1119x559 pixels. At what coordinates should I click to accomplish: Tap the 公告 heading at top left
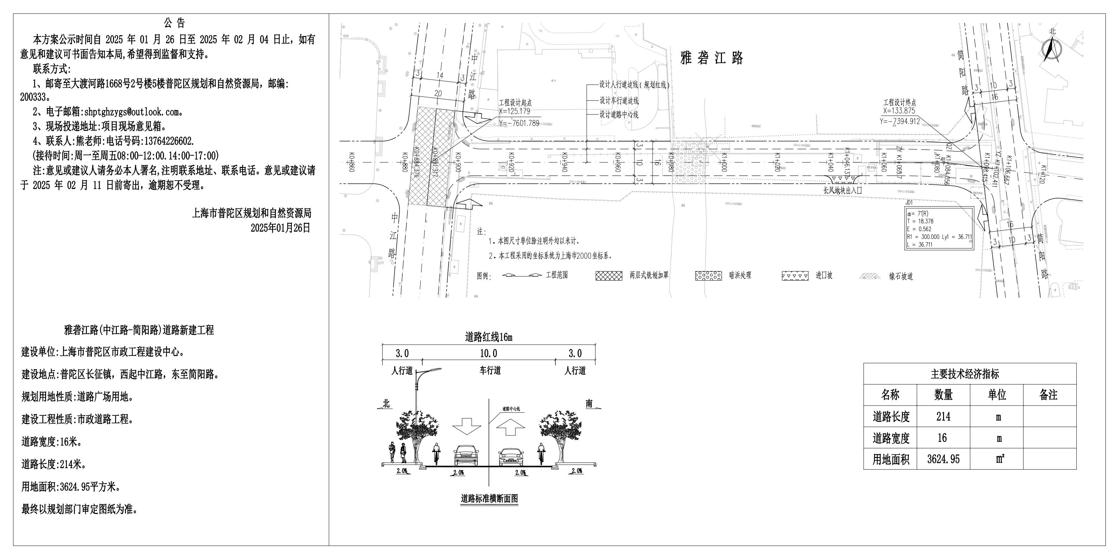pos(175,23)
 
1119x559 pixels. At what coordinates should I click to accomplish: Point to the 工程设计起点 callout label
pos(515,103)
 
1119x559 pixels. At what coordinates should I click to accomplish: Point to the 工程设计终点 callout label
pos(900,103)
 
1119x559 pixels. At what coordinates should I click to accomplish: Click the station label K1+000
pos(724,162)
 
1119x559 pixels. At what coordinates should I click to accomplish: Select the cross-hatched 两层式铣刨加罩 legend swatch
pos(609,275)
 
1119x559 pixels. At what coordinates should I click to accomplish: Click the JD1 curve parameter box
pos(939,228)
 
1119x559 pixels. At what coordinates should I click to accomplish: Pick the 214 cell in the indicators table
pos(943,416)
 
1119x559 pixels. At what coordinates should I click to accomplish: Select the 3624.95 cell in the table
pos(943,459)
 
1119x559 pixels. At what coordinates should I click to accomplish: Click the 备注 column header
pos(1049,395)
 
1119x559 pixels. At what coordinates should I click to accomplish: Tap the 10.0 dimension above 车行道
pos(488,353)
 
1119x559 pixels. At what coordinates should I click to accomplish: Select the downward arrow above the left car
pos(467,426)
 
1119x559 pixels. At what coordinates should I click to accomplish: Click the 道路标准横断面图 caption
pos(489,498)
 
